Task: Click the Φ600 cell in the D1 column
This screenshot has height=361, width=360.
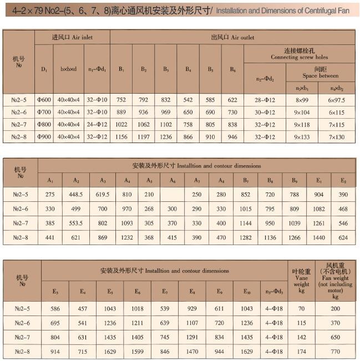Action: [44, 100]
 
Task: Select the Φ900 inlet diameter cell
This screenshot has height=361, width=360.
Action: [44, 136]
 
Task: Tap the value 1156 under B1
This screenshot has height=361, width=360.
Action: [121, 136]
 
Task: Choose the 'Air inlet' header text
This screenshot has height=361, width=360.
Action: [72, 37]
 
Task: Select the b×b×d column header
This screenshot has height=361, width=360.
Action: [69, 70]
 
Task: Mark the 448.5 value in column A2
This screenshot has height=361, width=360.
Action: [77, 195]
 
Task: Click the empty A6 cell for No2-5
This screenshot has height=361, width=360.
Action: [173, 195]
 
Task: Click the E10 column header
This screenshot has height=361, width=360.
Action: [247, 291]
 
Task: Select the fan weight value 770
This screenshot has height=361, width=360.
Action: [336, 352]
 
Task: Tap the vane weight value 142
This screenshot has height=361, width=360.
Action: [302, 337]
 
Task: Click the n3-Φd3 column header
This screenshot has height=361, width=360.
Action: [274, 291]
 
